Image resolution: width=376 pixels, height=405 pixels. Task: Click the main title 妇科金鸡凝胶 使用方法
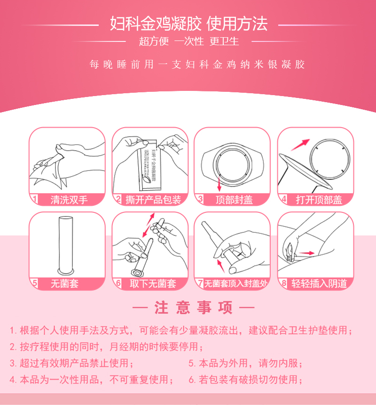pos(188,24)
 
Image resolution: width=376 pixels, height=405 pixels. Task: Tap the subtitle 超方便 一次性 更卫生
pos(189,41)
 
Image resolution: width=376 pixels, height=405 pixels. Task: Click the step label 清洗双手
pos(69,200)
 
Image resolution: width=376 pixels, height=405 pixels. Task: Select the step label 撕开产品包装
pos(153,200)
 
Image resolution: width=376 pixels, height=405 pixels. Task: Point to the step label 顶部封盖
pos(234,200)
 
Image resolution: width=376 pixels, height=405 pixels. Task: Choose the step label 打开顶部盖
pos(319,200)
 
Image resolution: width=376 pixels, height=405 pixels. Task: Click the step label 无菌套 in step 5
pos(64,283)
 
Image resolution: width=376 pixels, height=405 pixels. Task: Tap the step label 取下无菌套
pos(153,283)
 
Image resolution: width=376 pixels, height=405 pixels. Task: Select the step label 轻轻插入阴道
pos(319,283)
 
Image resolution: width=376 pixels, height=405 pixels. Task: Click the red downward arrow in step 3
pos(219,184)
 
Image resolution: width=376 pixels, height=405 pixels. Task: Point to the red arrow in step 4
pos(300,145)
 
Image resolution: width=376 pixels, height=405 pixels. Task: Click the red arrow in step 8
pos(307,253)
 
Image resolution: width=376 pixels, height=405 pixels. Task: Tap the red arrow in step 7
pos(220,266)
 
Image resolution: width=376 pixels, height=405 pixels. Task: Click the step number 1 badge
pos(34,199)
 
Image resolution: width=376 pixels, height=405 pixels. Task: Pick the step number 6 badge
pos(118,283)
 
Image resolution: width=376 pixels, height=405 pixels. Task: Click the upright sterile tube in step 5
pos(66,245)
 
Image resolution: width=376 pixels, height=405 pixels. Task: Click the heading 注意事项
pos(193,308)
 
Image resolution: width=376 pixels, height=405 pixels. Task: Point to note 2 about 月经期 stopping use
pos(106,347)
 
